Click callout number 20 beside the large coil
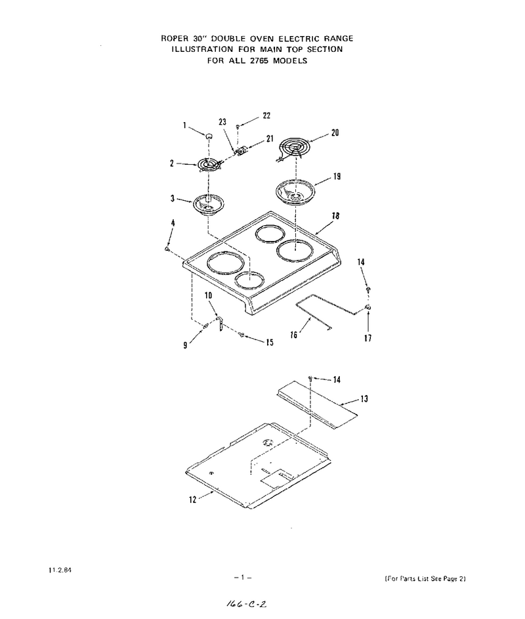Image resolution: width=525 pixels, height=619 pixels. click(335, 133)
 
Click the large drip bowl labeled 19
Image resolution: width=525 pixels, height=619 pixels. click(295, 192)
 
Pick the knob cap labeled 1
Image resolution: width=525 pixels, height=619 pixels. click(208, 135)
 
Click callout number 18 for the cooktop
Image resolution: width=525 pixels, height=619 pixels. click(335, 216)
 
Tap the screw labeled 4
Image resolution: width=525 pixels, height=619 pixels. click(167, 249)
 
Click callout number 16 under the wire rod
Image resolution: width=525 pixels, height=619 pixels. click(294, 335)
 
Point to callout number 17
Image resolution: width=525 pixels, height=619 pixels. click(367, 338)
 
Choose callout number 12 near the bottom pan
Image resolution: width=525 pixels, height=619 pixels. click(193, 500)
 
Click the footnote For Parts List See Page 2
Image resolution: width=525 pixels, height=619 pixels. click(425, 579)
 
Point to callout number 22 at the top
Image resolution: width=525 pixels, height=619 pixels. click(266, 116)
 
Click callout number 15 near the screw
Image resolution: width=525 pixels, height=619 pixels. click(269, 342)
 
